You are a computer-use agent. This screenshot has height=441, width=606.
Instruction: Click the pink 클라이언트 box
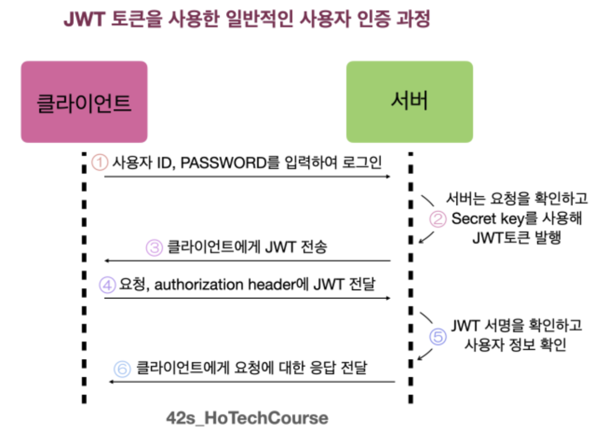84,102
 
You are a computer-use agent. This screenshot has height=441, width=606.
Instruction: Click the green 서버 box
409,102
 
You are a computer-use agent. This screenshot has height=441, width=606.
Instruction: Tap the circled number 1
100,162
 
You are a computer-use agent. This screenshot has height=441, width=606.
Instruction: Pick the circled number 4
106,285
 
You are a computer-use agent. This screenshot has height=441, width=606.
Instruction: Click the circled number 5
438,337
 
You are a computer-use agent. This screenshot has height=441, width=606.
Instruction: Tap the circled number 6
122,368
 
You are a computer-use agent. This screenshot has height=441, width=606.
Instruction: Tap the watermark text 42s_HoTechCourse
247,418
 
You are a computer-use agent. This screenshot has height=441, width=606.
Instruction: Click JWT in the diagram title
81,20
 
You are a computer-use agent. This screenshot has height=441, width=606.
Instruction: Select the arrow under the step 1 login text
247,176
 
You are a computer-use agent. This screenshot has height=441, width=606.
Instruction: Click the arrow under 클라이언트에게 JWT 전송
247,261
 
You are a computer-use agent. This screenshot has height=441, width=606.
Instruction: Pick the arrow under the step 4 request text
247,298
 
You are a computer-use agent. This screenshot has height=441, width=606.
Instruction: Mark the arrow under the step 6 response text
252,381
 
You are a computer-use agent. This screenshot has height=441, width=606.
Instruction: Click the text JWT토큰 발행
517,237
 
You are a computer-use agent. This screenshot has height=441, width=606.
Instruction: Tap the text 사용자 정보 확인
515,345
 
